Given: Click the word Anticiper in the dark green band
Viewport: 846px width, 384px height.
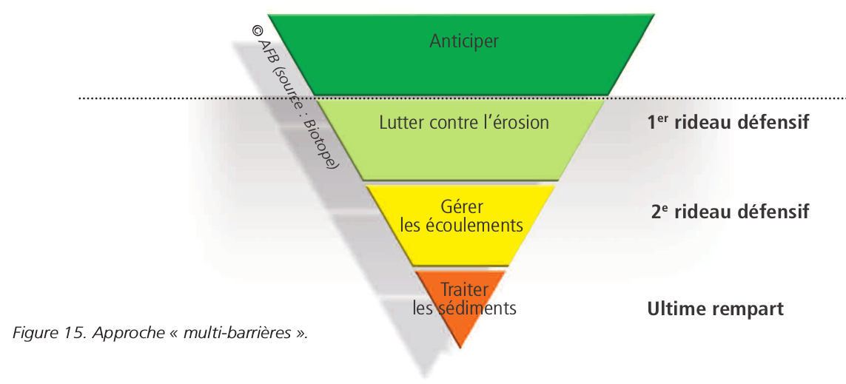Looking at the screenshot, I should coord(463,41).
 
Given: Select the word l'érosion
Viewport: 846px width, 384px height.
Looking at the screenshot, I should coord(516,122).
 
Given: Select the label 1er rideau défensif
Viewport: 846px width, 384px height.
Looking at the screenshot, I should coord(728,123).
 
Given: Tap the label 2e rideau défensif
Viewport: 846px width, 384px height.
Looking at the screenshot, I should coord(730,212).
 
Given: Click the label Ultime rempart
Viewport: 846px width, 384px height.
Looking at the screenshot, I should coord(715,309).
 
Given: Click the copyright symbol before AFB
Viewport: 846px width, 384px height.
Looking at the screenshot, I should coord(258,31).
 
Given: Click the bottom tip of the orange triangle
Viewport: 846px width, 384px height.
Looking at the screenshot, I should coord(461,346).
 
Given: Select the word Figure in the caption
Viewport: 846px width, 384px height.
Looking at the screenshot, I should coord(32,333).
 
